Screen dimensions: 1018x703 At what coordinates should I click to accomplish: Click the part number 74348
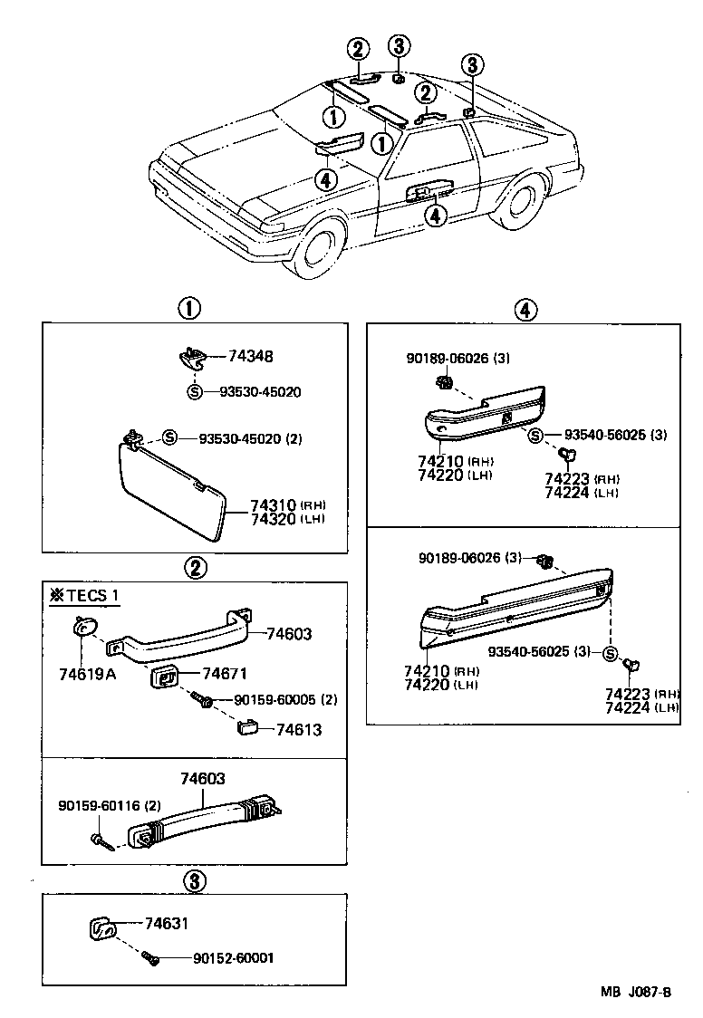[250, 357]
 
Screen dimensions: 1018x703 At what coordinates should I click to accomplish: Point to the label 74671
[224, 673]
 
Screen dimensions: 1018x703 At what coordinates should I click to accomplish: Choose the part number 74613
[298, 729]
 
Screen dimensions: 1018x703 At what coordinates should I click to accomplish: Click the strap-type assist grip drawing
[208, 815]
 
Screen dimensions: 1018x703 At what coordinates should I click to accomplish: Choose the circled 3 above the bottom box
[192, 879]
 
